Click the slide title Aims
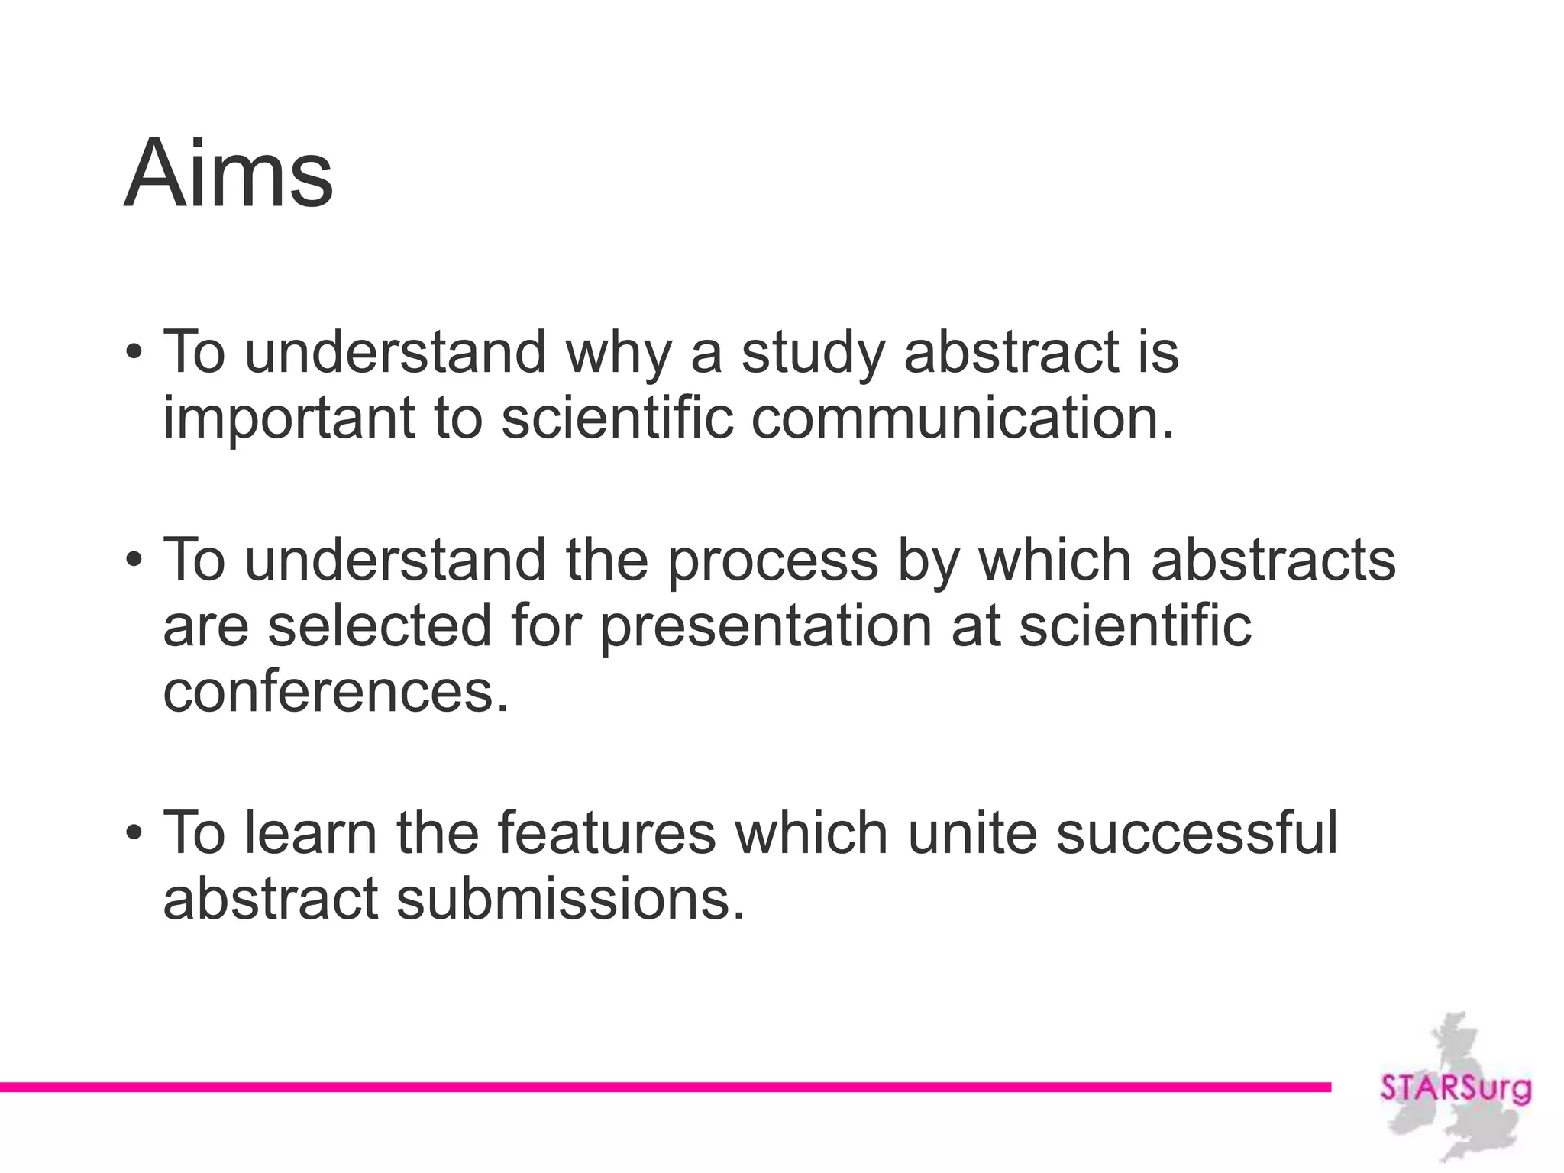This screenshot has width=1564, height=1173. (x=228, y=174)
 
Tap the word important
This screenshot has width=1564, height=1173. (x=289, y=418)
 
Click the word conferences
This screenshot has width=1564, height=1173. (x=336, y=691)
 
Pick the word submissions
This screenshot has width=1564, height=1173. (x=570, y=899)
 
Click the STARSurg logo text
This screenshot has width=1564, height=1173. (x=1456, y=1087)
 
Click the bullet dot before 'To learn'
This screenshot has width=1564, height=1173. (x=134, y=832)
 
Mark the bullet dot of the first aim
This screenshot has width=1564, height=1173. (x=134, y=353)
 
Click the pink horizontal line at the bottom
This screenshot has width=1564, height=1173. (x=664, y=1087)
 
